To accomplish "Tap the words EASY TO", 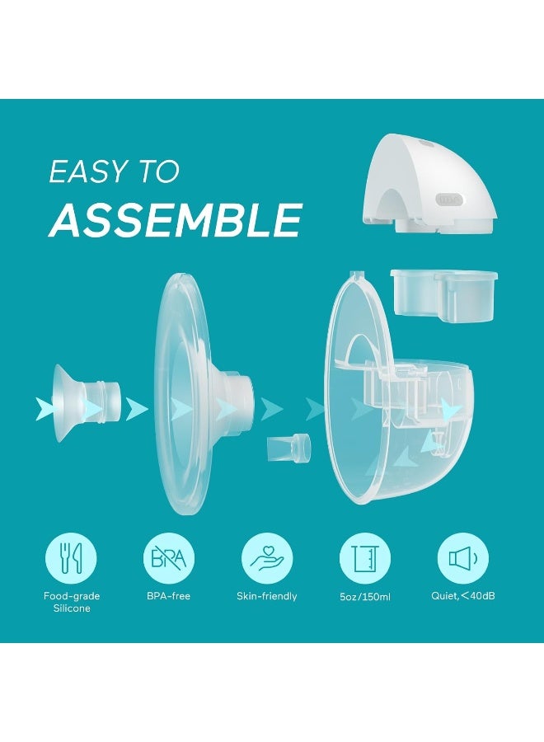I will pyautogui.click(x=114, y=171).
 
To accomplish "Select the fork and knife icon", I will pyautogui.click(x=70, y=558).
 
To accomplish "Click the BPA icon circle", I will pyautogui.click(x=168, y=558).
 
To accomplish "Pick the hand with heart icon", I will pyautogui.click(x=266, y=558).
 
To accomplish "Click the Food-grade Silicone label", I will pyautogui.click(x=70, y=602).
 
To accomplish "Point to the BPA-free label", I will pyautogui.click(x=168, y=596).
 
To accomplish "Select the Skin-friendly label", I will pyautogui.click(x=266, y=596).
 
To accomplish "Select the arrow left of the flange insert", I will pyautogui.click(x=45, y=409).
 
